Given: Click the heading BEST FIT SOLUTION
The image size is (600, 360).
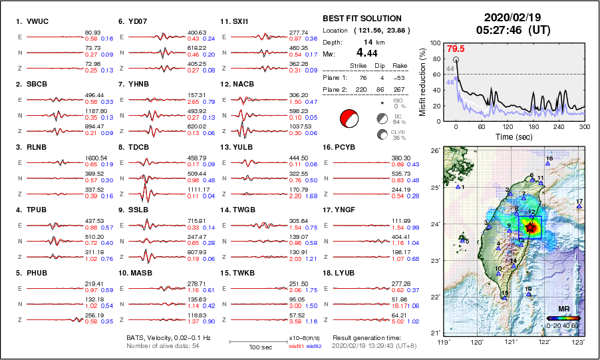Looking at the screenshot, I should pyautogui.click(x=361, y=19).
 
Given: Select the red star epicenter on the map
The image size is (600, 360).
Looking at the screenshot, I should pyautogui.click(x=531, y=228).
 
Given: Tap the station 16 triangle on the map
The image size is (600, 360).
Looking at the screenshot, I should pyautogui.click(x=547, y=164).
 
